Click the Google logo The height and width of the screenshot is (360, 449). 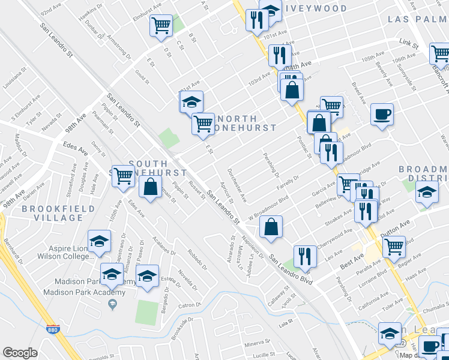click(x=20, y=353)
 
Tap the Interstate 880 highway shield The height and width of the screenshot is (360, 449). click(x=53, y=329)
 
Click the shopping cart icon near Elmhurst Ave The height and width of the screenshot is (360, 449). click(x=161, y=26)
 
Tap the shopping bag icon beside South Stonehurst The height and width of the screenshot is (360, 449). click(x=149, y=187)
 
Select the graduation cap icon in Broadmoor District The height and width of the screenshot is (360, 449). click(x=427, y=193)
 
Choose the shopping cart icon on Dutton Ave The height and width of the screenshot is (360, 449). click(x=394, y=245)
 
